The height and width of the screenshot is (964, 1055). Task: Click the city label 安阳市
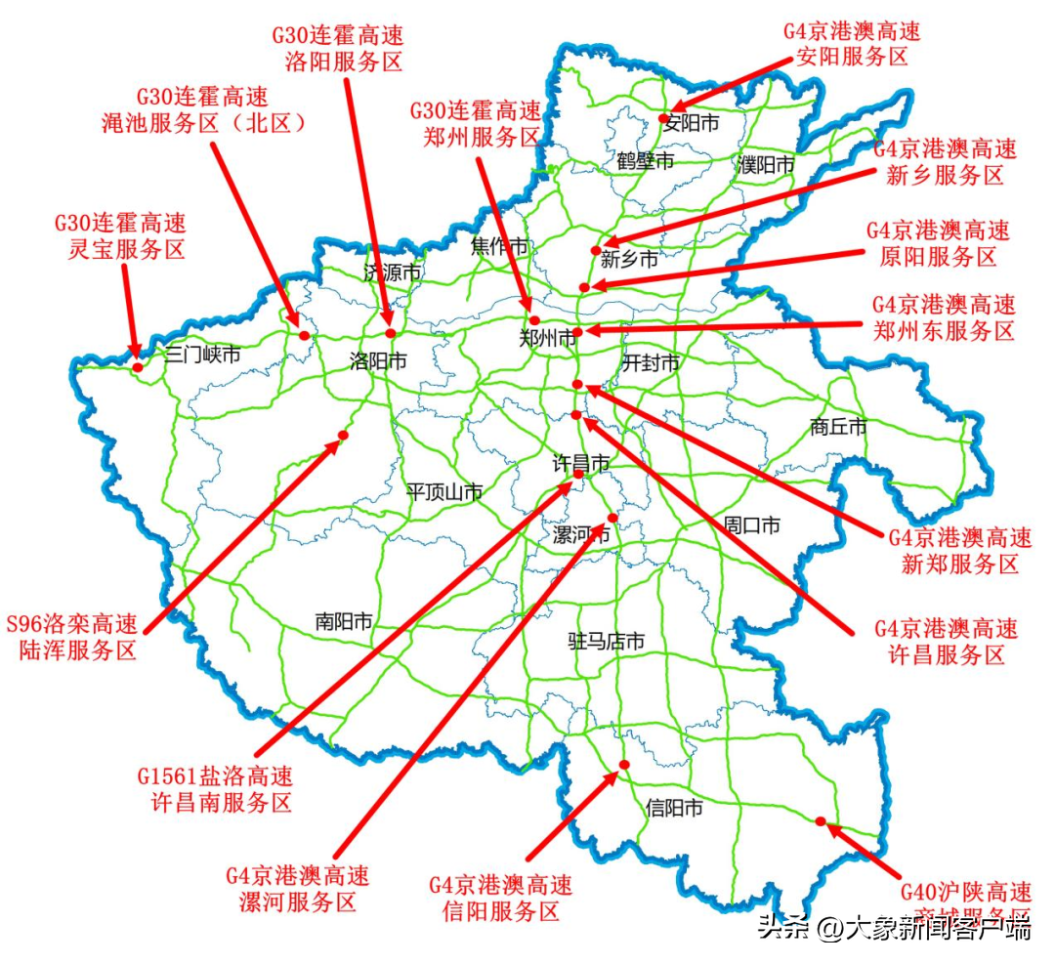coord(691,123)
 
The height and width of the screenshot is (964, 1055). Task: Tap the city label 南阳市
coord(344,621)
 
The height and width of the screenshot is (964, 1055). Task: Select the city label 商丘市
coord(838,427)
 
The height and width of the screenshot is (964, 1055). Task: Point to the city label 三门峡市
coord(202,355)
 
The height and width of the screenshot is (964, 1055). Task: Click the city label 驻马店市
coord(607,642)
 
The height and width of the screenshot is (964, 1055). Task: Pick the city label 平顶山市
coord(444,492)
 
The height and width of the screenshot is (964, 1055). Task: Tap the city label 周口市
coord(752,525)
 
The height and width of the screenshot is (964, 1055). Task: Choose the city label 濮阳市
coord(767,165)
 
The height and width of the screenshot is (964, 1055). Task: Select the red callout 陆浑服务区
coord(72,638)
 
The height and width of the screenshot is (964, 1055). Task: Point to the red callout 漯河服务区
coord(298,888)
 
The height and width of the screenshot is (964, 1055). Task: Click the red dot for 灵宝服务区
coord(139,367)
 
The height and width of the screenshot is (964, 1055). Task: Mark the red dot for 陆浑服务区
coord(343,435)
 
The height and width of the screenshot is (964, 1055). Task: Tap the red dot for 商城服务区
coord(821,821)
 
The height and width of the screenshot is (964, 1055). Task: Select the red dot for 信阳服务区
coord(624,764)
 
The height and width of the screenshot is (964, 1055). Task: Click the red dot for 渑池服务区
coord(304,335)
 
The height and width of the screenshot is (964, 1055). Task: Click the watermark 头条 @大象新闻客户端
coord(894,927)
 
